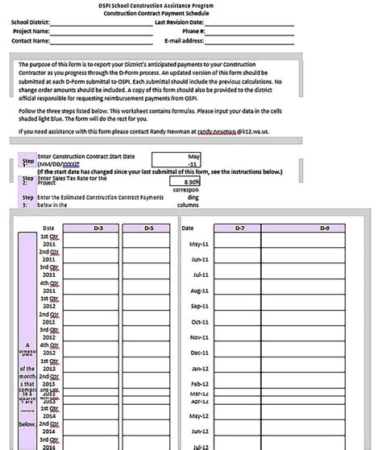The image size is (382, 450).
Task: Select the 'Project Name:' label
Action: (x=32, y=31)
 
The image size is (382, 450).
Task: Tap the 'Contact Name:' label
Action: (x=32, y=40)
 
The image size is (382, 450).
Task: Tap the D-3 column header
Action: (x=98, y=229)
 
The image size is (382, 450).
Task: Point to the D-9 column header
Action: (x=324, y=229)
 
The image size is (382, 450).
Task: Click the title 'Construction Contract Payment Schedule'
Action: (x=190, y=14)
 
